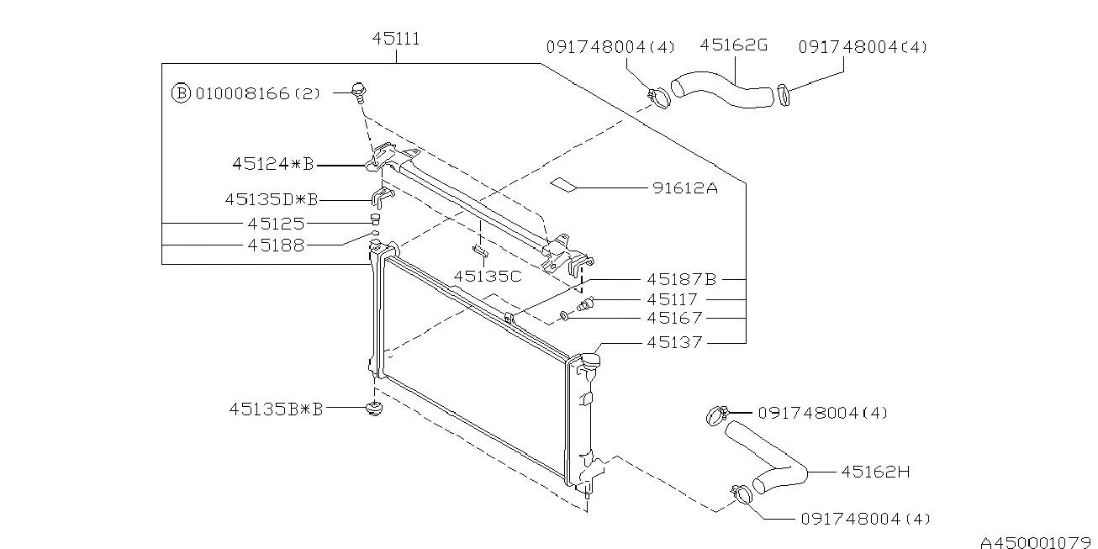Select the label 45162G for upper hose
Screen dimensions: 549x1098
tap(733, 46)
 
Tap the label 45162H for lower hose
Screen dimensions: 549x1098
tap(875, 472)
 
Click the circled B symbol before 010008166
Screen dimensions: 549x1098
tap(181, 93)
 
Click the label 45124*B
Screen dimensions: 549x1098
tap(272, 166)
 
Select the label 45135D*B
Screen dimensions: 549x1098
tap(272, 200)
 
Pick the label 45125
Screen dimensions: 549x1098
tap(276, 224)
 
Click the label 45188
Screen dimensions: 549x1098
tap(276, 245)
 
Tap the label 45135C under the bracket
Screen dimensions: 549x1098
tap(488, 276)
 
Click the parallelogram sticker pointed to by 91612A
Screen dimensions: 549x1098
tap(564, 184)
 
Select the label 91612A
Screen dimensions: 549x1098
tap(684, 189)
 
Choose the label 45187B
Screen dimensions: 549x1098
tap(681, 278)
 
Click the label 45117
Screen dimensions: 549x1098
tap(673, 299)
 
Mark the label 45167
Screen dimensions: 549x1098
tap(673, 319)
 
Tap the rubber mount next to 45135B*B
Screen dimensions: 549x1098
tap(375, 410)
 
